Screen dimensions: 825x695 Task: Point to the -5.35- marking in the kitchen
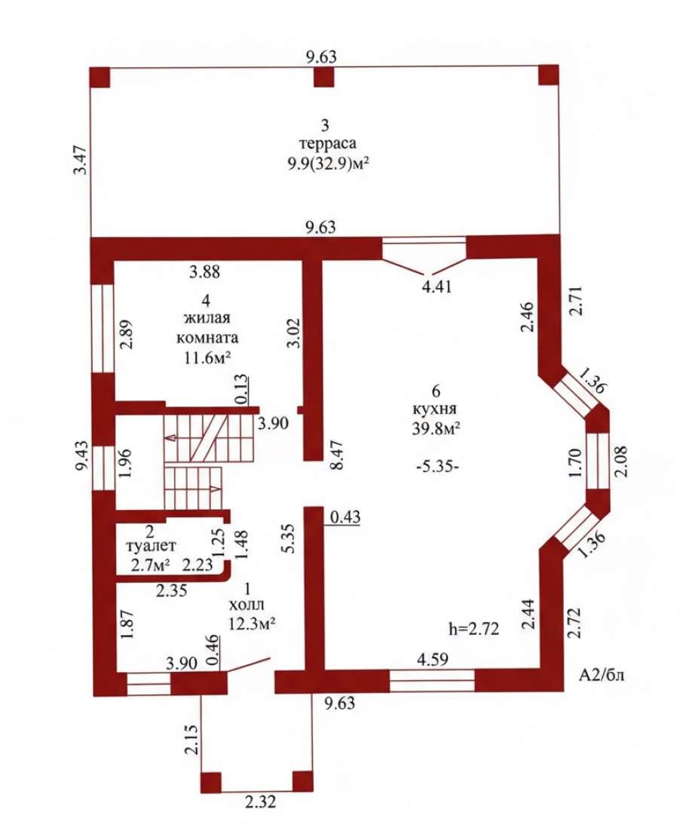(x=437, y=466)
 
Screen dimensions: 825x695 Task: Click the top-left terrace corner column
(x=100, y=78)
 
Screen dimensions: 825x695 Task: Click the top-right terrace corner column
(x=549, y=75)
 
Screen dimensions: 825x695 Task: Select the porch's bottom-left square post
(x=212, y=782)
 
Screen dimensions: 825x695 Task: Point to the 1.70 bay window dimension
(x=577, y=463)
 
